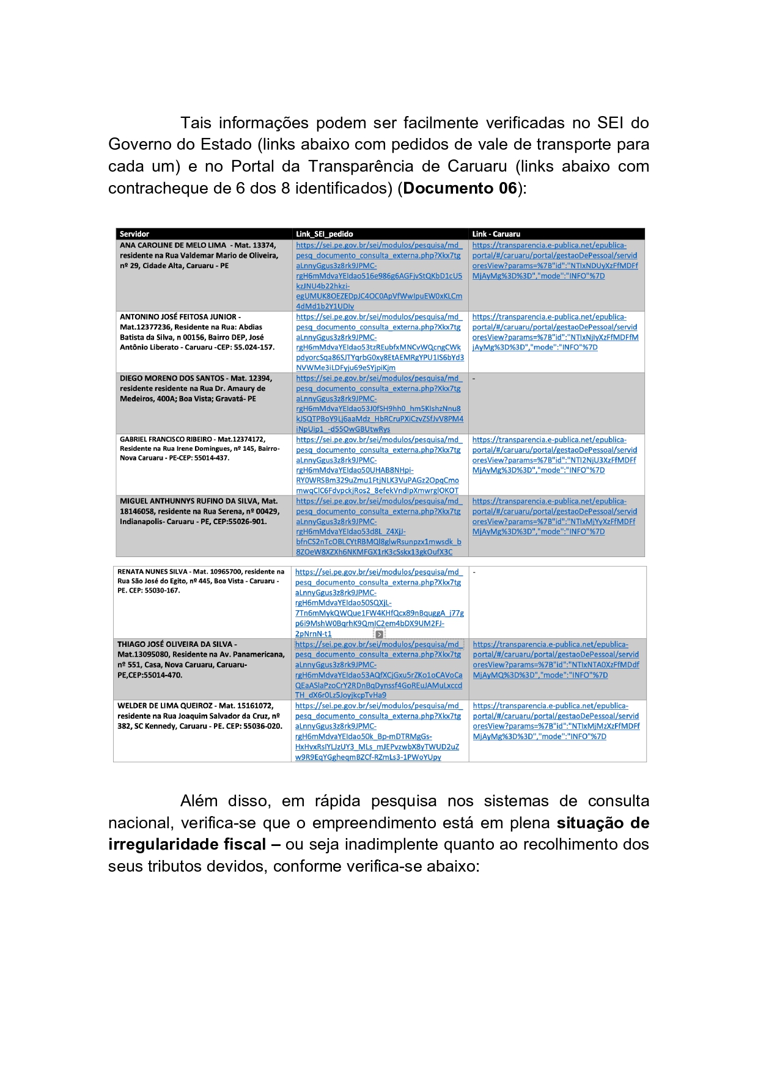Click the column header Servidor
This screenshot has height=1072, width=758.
[134, 234]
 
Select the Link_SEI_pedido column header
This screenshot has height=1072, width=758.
[324, 234]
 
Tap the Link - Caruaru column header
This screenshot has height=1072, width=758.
[496, 234]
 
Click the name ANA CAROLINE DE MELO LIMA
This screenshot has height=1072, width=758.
[173, 246]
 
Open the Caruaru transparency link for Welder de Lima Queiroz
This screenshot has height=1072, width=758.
[556, 721]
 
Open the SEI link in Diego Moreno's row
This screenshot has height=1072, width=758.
[379, 404]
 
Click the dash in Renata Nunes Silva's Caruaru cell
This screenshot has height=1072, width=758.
[474, 572]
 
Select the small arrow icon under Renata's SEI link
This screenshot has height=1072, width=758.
[379, 635]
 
